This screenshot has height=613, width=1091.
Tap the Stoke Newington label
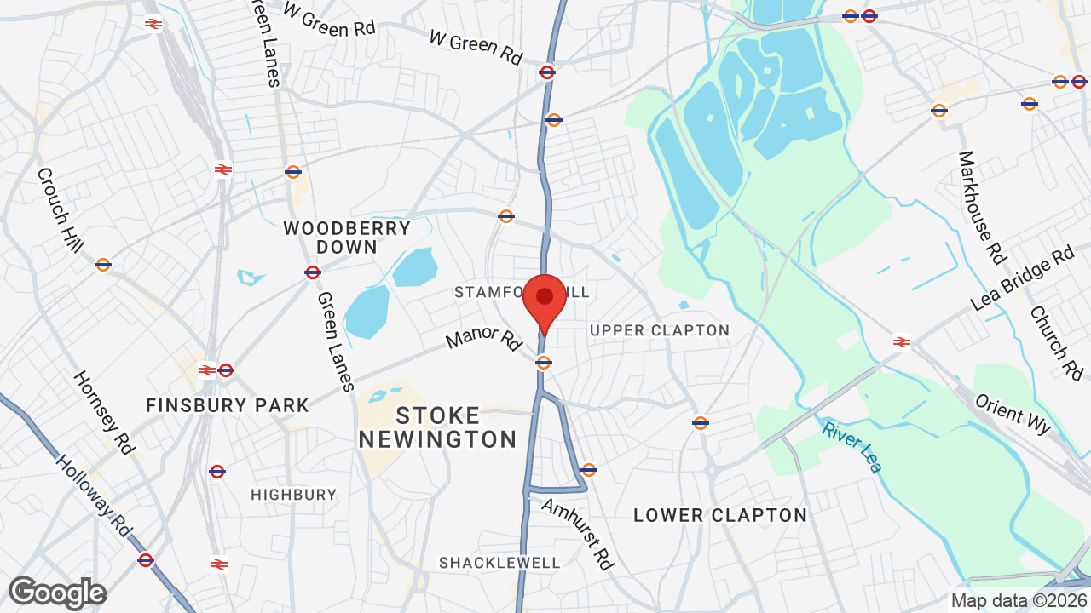click(438, 427)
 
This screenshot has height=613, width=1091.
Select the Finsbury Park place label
click(228, 405)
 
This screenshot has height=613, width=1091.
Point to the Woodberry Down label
click(347, 238)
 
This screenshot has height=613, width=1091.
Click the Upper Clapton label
click(660, 330)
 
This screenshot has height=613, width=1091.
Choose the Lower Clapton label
click(720, 515)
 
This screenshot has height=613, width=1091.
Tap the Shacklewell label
click(499, 563)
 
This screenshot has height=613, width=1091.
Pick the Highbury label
click(294, 495)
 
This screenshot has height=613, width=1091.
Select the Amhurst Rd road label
click(578, 534)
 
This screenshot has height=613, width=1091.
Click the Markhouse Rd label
click(982, 207)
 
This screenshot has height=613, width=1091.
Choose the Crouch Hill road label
click(60, 209)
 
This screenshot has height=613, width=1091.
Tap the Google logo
click(57, 593)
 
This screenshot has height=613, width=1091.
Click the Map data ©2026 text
click(1019, 600)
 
